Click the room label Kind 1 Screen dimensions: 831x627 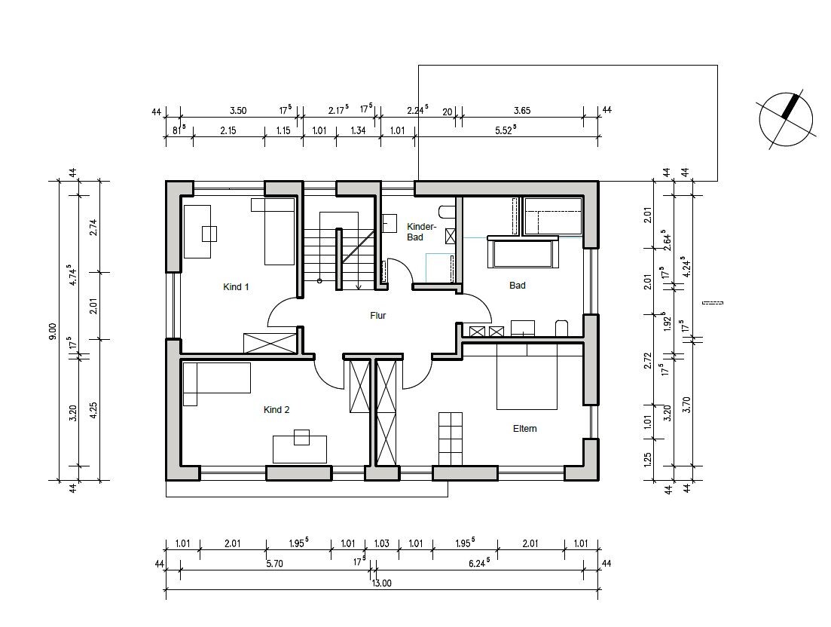236,286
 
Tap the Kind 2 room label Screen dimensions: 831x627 276,410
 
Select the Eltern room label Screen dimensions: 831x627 524,428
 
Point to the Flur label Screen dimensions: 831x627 378,315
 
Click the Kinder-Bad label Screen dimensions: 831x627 421,231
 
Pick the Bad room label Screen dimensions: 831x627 518,285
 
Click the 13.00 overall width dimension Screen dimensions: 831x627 381,583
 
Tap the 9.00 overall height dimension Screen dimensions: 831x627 53,331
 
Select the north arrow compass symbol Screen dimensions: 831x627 786,119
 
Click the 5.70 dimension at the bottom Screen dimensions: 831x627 274,564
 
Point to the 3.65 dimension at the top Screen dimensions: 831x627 522,110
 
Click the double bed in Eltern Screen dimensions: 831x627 527,376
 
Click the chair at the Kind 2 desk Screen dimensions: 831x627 301,437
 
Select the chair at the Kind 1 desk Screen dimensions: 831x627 209,234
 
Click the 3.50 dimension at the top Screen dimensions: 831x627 238,110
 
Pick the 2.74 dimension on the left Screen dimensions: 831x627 94,227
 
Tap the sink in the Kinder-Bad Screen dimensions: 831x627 390,223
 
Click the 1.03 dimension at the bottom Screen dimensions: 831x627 381,543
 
